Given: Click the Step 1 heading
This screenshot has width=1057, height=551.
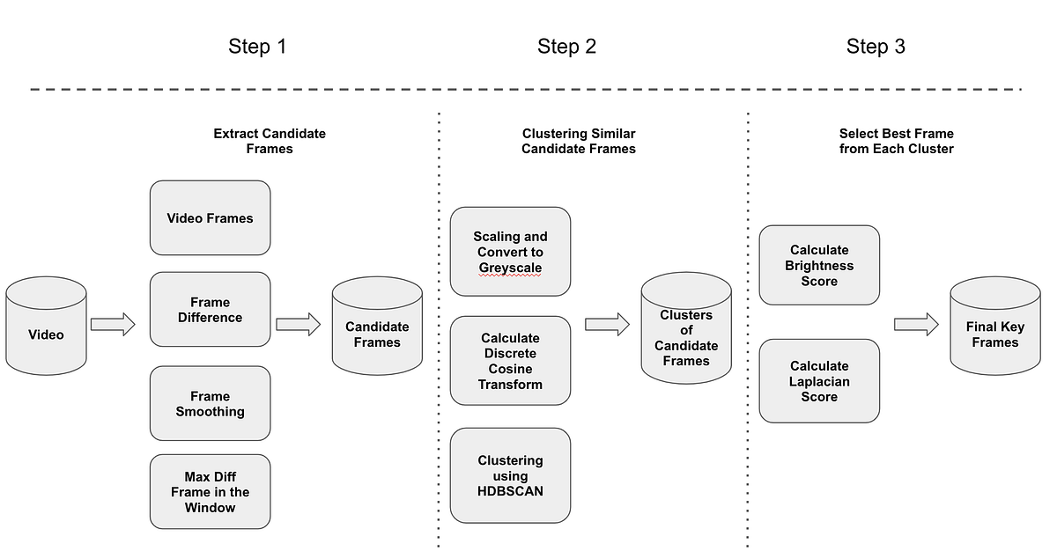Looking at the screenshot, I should [x=257, y=47].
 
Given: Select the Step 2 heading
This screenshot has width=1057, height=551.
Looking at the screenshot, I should [x=566, y=47].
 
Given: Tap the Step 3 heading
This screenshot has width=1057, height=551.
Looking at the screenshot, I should [x=876, y=47].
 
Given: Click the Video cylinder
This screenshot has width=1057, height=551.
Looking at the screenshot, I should [x=46, y=327].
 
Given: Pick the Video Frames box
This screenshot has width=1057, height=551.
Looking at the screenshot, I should [x=210, y=218].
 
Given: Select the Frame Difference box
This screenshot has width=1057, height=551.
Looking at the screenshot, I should [x=210, y=309].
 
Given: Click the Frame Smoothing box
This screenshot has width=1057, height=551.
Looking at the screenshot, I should [x=210, y=403].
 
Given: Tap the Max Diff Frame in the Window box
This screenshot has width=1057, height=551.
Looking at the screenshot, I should [x=210, y=491].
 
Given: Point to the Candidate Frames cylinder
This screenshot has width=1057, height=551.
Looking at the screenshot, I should [x=377, y=328].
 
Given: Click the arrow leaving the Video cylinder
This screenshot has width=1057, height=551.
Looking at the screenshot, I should [x=113, y=325].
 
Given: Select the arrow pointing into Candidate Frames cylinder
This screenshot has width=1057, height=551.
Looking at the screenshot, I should [x=298, y=325].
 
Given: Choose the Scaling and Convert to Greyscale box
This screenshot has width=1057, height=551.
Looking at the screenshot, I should [x=510, y=252].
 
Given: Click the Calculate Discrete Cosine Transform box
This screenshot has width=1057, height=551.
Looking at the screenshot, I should [x=510, y=361].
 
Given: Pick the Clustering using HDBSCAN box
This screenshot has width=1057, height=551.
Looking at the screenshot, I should [x=510, y=475].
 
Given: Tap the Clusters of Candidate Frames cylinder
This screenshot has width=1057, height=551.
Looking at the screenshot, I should [x=686, y=329].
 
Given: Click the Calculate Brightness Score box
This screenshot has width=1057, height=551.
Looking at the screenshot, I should [x=819, y=265].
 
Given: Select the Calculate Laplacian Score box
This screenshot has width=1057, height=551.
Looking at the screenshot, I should [x=819, y=380].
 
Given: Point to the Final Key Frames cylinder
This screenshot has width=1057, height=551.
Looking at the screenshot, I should [x=994, y=327].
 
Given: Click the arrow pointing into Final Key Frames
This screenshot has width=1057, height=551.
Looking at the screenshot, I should [x=916, y=325].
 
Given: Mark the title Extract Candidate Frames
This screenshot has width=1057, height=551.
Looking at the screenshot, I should [x=270, y=141].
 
